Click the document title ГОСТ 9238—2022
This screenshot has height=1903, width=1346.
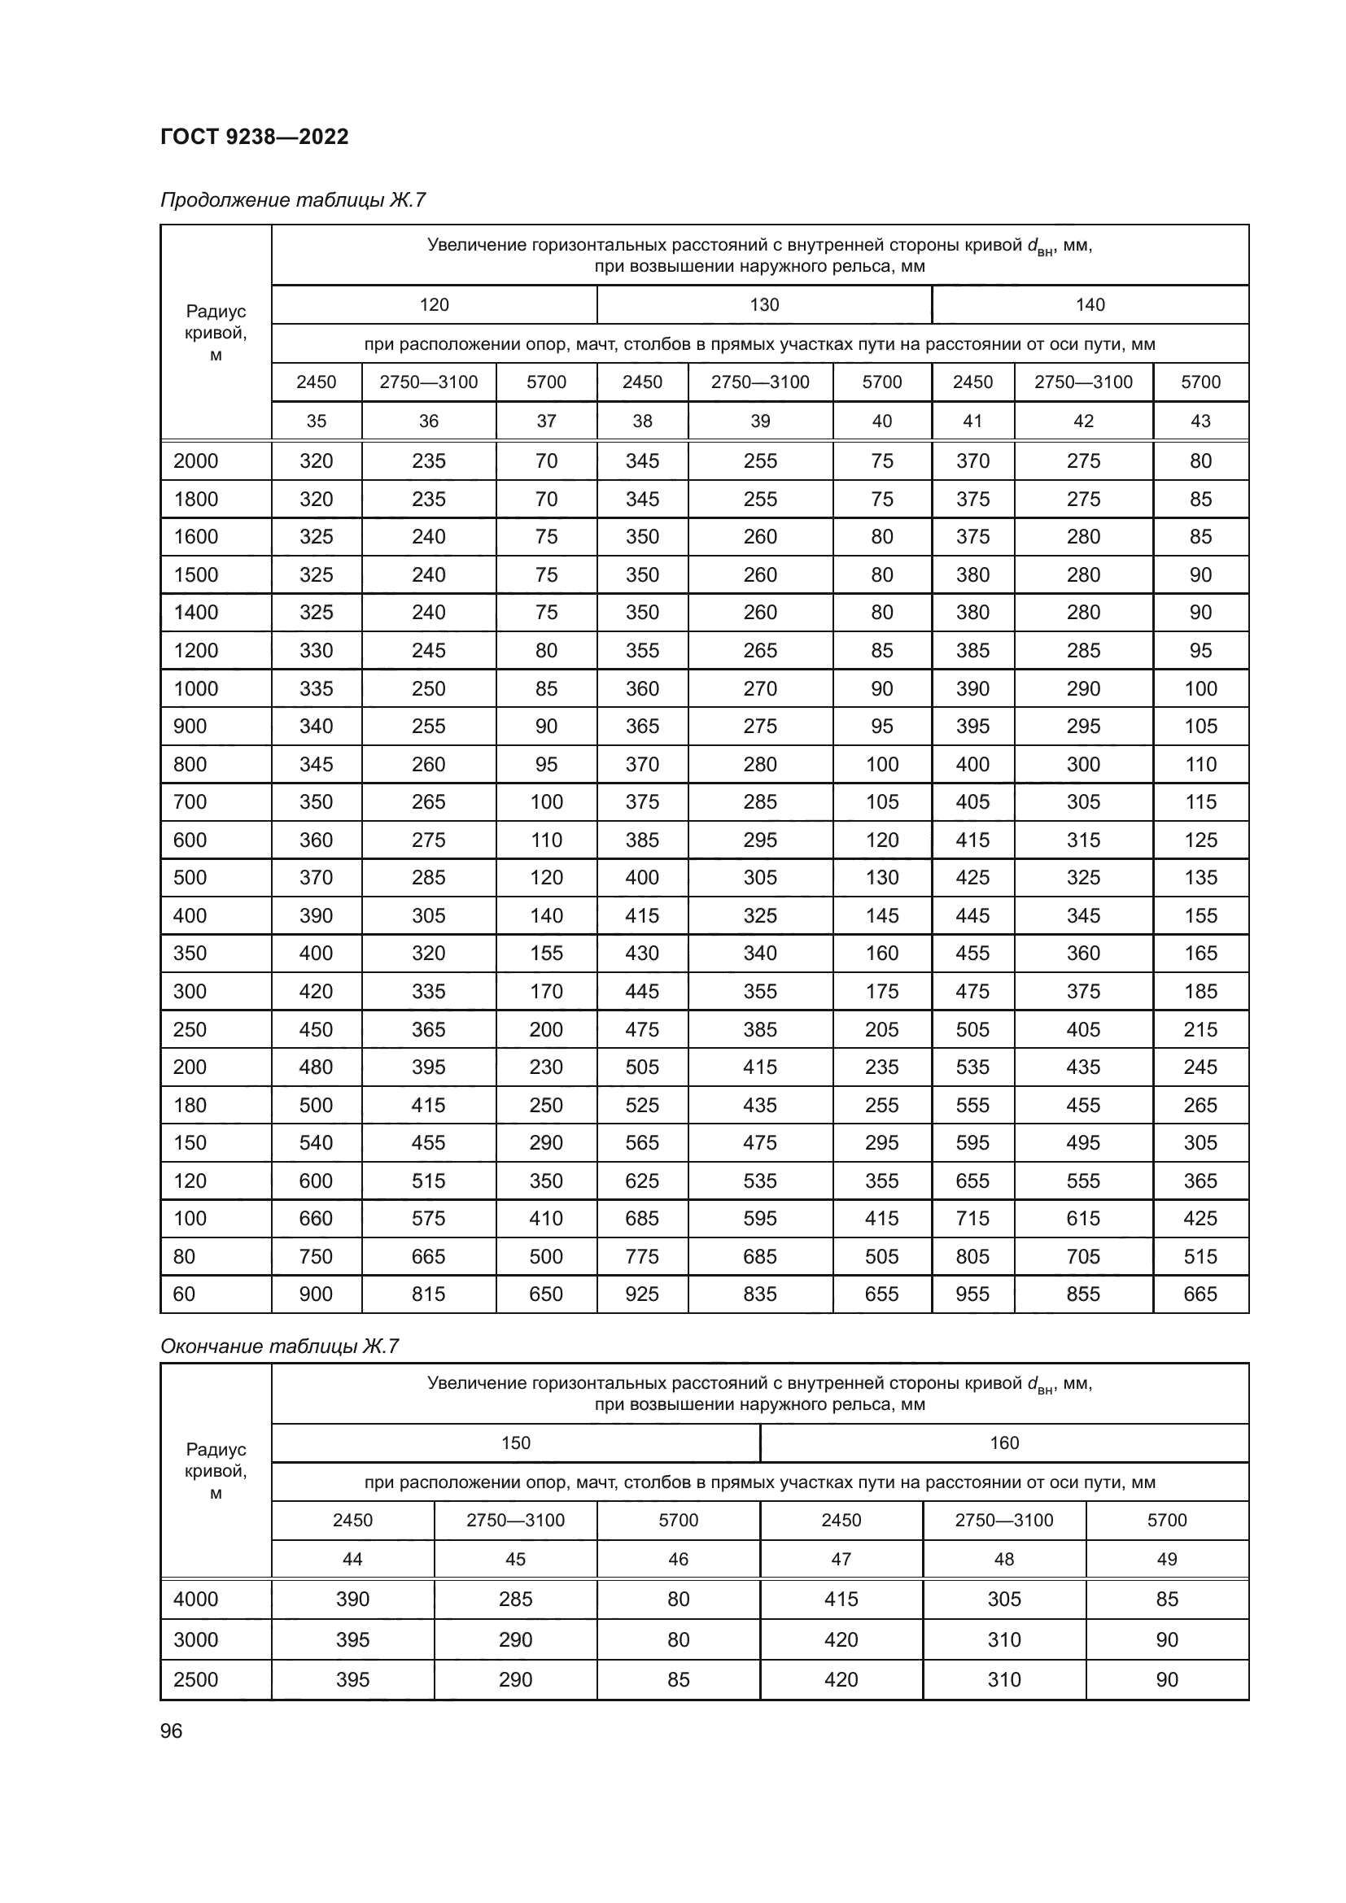(x=255, y=137)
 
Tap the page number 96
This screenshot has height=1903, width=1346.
(x=171, y=1731)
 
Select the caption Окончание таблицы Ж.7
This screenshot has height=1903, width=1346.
(x=279, y=1346)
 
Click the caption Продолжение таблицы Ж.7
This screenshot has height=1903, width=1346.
(x=293, y=200)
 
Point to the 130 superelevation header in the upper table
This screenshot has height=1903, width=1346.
(x=763, y=305)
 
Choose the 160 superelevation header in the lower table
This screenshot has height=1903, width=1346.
(x=1003, y=1443)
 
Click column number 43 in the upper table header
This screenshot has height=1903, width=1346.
(x=1200, y=421)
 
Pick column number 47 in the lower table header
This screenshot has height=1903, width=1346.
(x=841, y=1559)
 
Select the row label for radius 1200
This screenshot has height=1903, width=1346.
(x=195, y=651)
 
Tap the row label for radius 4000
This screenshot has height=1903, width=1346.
(x=195, y=1599)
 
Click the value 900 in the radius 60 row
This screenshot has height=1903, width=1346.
(x=316, y=1294)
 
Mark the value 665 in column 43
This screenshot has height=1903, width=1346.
(x=1200, y=1294)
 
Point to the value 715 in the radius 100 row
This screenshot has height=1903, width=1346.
(x=972, y=1219)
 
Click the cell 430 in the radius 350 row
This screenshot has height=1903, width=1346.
(x=641, y=954)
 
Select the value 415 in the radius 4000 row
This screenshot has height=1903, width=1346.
(x=841, y=1599)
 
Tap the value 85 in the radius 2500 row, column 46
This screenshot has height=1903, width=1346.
(x=678, y=1679)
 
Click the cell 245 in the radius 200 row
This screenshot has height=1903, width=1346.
(x=1200, y=1067)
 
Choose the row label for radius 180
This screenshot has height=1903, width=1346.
(x=190, y=1105)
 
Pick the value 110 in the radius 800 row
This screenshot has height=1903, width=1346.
(x=1200, y=764)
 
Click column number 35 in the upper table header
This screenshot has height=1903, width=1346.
(x=316, y=421)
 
